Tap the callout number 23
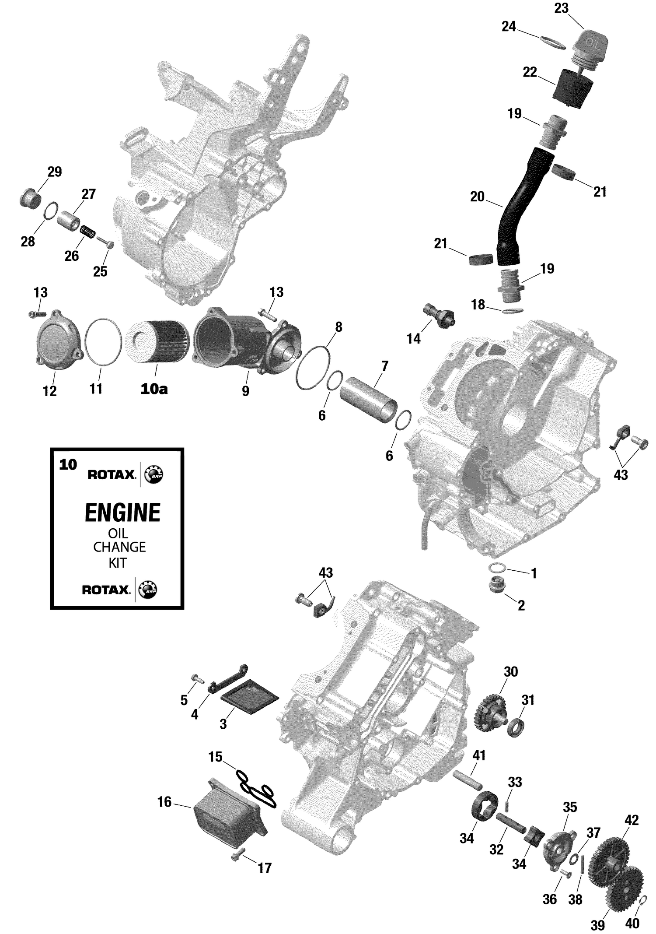tap(561, 8)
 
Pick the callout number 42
tap(632, 820)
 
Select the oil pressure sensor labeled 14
tap(440, 315)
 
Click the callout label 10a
tap(154, 389)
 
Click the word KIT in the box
tap(118, 563)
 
